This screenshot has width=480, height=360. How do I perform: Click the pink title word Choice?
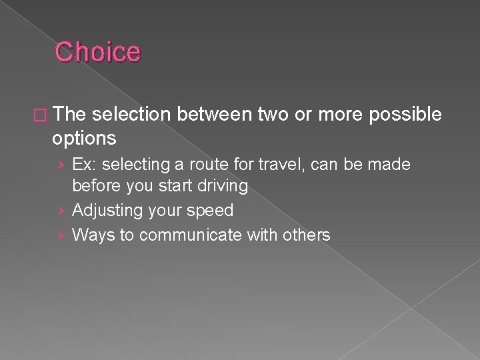(98, 52)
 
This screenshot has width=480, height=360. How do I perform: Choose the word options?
(84, 139)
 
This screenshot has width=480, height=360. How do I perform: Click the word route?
(199, 164)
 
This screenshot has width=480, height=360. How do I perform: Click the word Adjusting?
(107, 211)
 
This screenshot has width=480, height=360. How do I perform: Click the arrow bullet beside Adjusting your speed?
(62, 211)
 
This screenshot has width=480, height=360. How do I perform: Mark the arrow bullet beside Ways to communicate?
(62, 235)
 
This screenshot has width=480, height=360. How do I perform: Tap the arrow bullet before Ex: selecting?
(62, 165)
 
